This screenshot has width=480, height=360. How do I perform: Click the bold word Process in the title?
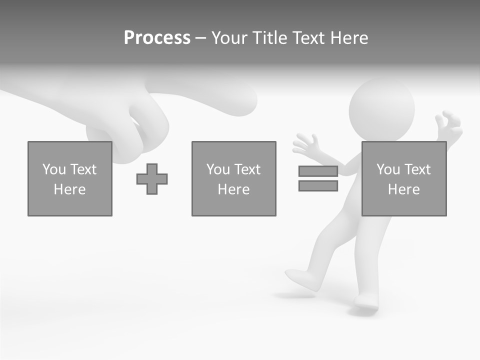click(157, 38)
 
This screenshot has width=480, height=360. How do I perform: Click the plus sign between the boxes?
click(152, 179)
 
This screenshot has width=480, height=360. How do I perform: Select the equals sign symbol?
click(318, 178)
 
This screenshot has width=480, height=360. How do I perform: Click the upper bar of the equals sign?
click(318, 171)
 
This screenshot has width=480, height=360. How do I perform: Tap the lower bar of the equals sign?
click(318, 186)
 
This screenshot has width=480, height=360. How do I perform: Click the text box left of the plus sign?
click(70, 178)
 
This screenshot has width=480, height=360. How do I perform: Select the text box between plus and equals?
click(233, 178)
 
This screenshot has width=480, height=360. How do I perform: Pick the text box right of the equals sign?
click(403, 178)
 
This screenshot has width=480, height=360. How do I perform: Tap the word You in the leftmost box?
click(53, 169)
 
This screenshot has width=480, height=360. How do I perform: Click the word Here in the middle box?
click(233, 189)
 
